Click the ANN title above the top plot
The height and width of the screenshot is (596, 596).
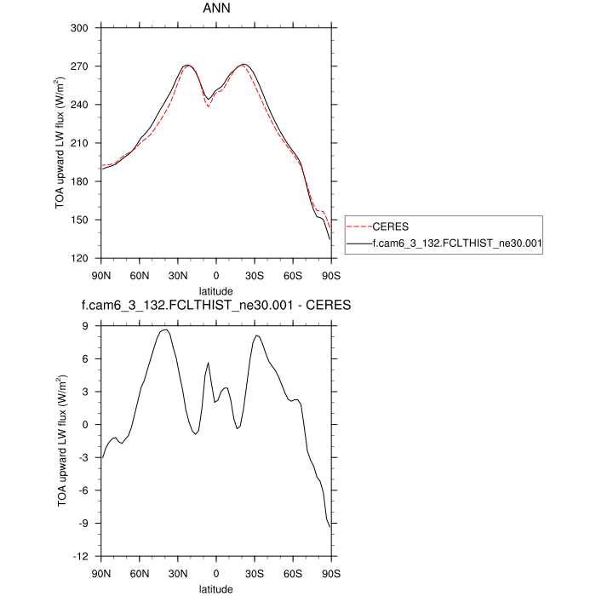215,9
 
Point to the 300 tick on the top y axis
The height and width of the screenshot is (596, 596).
80,28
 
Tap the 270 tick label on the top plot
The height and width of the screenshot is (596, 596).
80,66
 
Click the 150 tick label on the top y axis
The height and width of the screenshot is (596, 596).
80,220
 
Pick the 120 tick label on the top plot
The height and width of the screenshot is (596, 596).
80,258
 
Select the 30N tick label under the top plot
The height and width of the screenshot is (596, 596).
177,276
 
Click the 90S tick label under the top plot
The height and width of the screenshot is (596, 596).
330,276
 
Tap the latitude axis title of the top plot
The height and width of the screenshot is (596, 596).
215,291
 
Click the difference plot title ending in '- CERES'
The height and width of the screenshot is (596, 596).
215,305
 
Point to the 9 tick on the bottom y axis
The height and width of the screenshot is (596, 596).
86,326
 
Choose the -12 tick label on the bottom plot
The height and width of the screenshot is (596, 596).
82,556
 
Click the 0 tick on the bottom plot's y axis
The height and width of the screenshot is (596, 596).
86,425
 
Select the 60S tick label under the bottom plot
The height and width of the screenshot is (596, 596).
292,573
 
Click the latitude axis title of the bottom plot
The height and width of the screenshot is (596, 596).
215,588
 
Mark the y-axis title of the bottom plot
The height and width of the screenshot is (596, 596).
64,441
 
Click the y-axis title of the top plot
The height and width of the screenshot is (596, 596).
64,143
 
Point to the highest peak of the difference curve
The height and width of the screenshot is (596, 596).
166,330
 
